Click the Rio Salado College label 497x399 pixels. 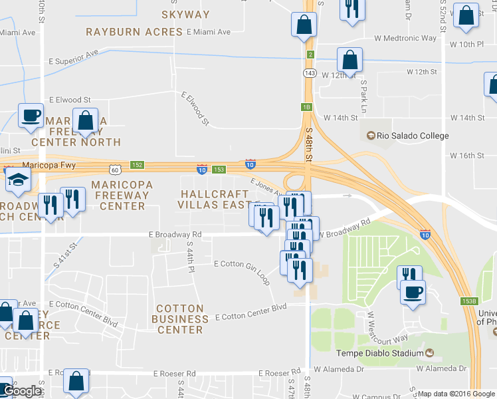tap(413, 136)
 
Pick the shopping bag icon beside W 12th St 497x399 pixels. tap(349, 61)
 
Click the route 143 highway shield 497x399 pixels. tap(310, 72)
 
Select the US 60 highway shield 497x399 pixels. tap(116, 170)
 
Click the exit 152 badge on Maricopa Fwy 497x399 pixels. tap(137, 164)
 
